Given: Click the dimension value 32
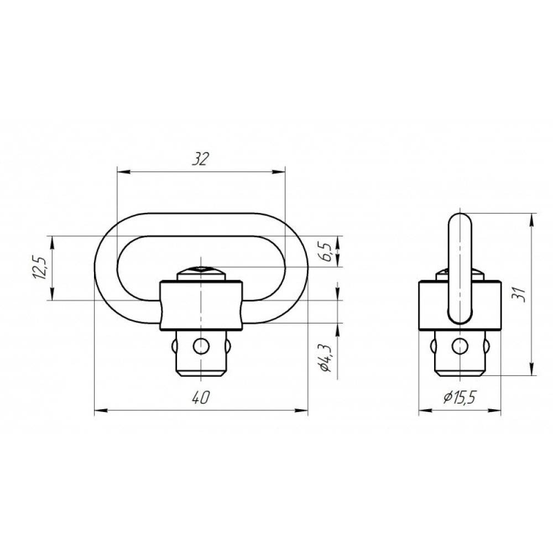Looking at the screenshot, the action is click(200, 159).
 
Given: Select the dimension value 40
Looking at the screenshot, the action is click(201, 398).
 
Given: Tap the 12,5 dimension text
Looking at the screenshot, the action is click(40, 268).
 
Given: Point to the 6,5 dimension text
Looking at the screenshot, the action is click(326, 252).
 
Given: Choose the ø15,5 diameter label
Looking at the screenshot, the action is click(460, 398).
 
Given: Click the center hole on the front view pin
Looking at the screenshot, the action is click(201, 346).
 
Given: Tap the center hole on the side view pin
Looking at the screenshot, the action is click(460, 346).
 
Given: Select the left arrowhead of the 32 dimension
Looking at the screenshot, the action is click(123, 172).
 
